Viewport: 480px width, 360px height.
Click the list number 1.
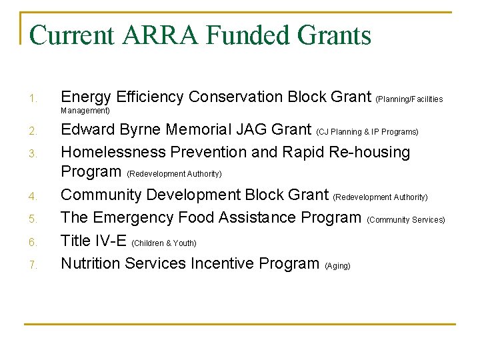point(32,100)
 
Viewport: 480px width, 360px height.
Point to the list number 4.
point(32,197)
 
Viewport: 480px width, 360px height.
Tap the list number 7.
point(32,266)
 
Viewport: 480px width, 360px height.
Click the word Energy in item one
point(83,97)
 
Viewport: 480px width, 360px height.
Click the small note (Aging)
point(337,266)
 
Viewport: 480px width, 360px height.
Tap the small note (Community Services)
point(405,220)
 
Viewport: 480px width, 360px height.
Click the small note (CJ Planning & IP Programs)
point(367,132)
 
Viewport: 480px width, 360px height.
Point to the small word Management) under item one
point(85,111)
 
